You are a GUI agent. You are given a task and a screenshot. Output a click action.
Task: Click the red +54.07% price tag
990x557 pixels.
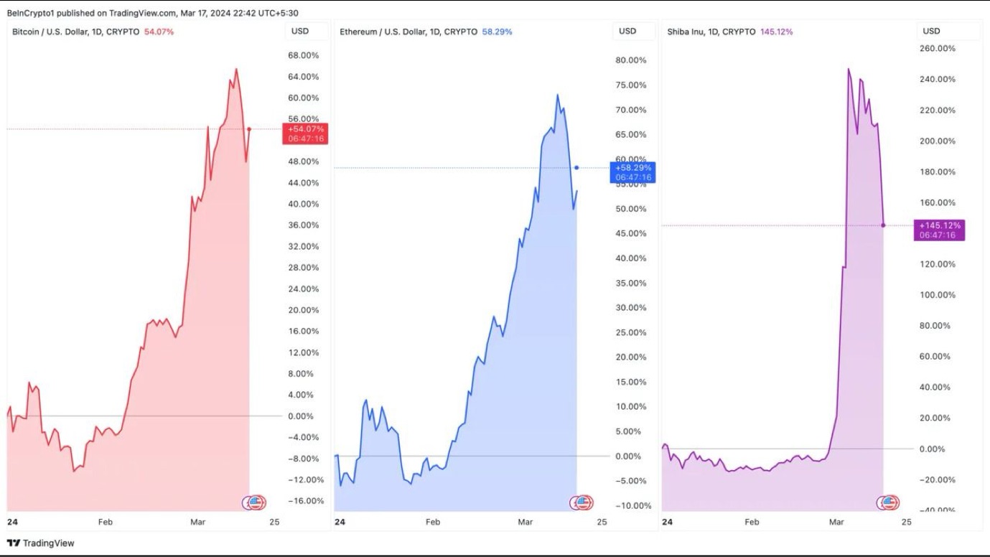(306, 134)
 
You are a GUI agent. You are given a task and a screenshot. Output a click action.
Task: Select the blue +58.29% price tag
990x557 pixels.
(632, 172)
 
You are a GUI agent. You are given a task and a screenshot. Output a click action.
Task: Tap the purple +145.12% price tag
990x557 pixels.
(939, 230)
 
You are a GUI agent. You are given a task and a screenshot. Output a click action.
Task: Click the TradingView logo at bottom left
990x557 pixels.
(41, 543)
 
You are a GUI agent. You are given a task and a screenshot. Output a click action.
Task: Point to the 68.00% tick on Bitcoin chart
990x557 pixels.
(302, 55)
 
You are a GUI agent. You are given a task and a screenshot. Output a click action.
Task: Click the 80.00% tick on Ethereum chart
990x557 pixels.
(630, 60)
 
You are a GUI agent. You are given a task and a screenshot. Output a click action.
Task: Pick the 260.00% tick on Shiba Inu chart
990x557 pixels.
(937, 48)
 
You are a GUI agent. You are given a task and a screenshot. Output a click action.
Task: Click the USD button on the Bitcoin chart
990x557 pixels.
(300, 31)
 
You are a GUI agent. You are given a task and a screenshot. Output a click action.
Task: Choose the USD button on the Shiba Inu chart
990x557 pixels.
(931, 31)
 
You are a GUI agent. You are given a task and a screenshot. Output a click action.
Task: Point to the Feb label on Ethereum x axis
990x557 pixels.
(432, 522)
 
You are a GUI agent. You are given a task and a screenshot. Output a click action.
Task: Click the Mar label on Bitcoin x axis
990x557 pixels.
(197, 522)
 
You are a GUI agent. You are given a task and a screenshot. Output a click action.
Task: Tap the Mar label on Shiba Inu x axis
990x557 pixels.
(836, 522)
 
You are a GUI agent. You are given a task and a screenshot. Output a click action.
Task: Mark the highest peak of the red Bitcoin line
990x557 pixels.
(236, 69)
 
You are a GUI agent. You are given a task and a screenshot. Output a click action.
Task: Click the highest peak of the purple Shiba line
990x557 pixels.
(848, 69)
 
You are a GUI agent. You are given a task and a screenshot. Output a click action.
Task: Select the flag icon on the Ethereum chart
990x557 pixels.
(583, 502)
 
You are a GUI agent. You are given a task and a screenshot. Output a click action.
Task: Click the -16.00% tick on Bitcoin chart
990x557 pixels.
(302, 500)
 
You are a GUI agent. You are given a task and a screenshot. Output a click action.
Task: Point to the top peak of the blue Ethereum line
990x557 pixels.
(557, 94)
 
